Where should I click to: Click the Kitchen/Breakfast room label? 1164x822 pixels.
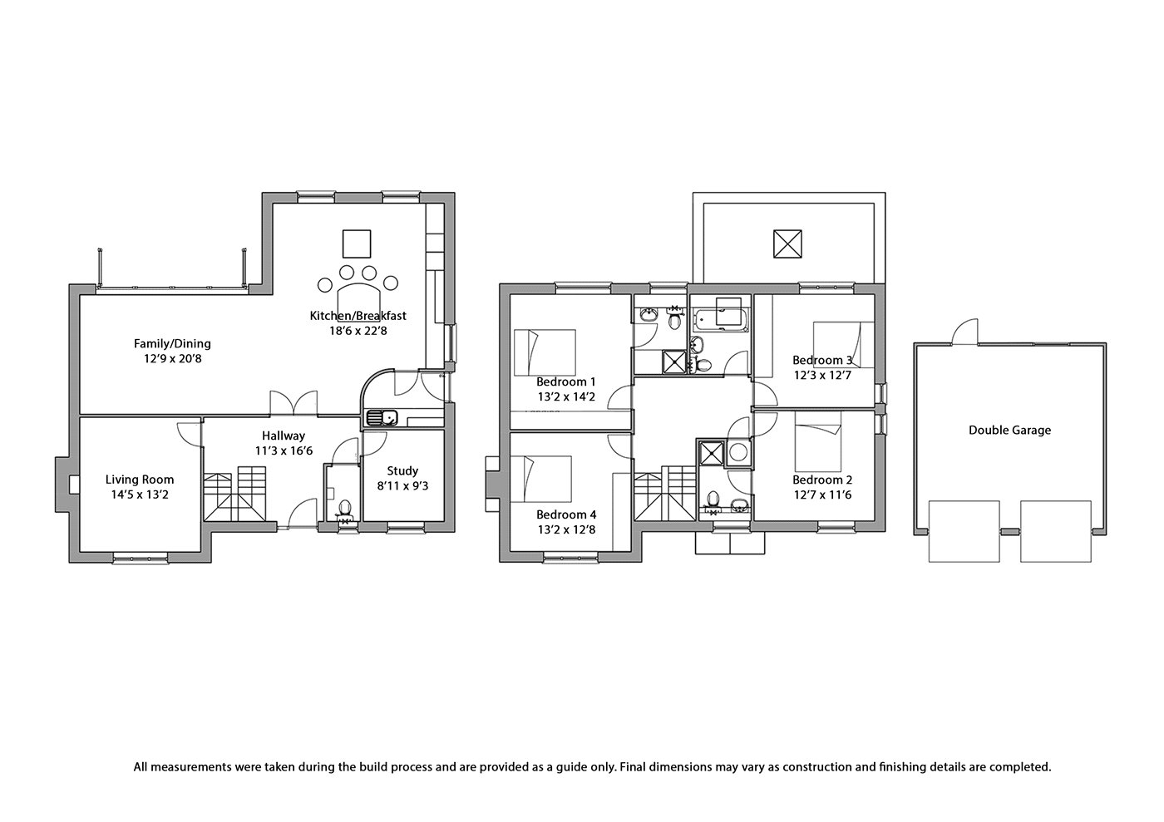click(358, 315)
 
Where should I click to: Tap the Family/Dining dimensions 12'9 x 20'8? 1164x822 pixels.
click(173, 358)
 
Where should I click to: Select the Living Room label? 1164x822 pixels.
click(140, 480)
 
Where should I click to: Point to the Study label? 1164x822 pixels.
click(402, 470)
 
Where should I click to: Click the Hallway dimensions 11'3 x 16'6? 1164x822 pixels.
click(284, 450)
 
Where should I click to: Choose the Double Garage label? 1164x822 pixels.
click(1009, 431)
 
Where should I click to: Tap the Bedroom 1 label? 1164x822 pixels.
click(566, 381)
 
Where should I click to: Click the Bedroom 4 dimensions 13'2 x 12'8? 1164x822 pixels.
click(566, 529)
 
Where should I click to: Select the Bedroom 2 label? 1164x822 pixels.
click(822, 480)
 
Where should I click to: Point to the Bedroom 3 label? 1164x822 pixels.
click(822, 360)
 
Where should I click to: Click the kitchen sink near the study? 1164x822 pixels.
click(382, 417)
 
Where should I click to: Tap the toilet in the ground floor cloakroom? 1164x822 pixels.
click(344, 507)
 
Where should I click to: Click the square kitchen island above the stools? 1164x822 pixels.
click(357, 244)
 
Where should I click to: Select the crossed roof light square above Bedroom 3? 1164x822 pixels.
click(787, 244)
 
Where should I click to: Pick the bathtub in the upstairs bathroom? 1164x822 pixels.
click(721, 319)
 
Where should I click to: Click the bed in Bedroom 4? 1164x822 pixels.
click(541, 479)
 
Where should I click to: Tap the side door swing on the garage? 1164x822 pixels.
click(965, 331)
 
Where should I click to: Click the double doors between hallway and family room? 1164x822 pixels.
click(293, 403)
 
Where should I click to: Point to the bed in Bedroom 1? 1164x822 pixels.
click(545, 352)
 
